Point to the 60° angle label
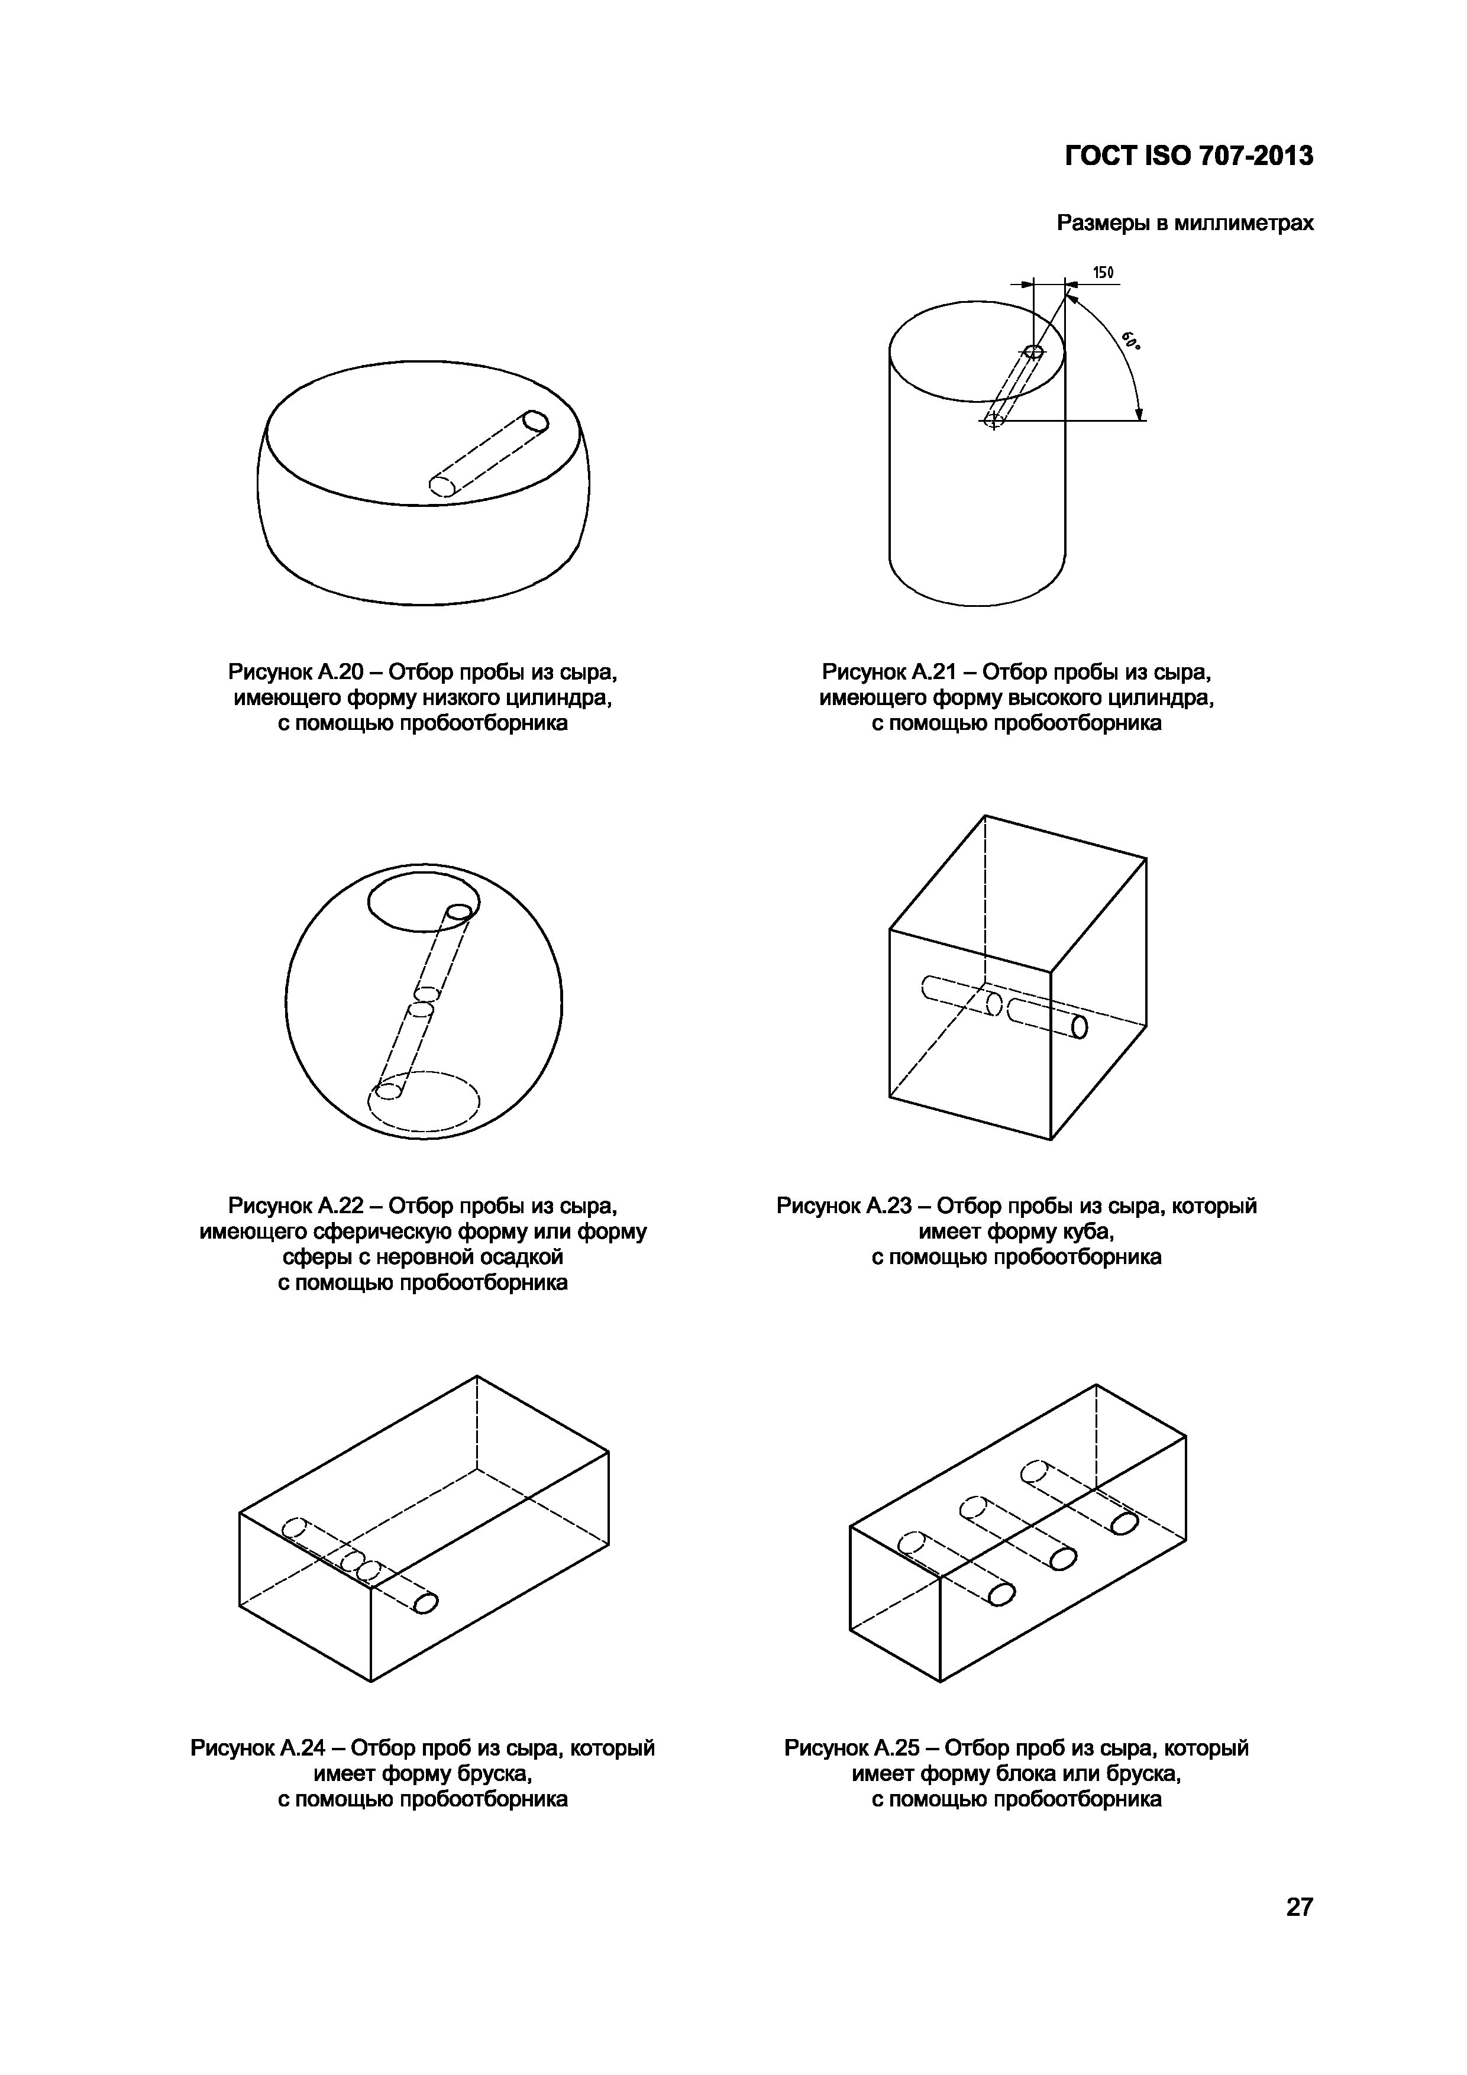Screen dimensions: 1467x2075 [x=1131, y=342]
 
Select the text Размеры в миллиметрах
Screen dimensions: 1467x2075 [x=1185, y=222]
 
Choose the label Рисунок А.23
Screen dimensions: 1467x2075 [x=844, y=1207]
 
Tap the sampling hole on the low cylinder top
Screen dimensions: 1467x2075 [x=536, y=421]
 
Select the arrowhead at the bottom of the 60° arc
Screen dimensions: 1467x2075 [x=1140, y=414]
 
